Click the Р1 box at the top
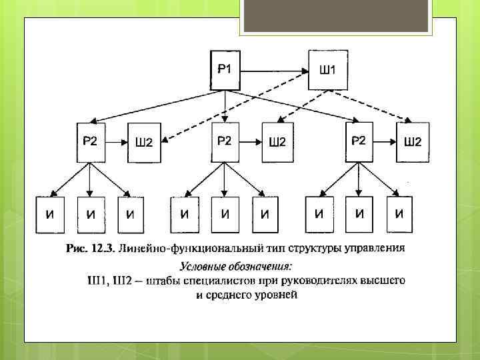pyautogui.click(x=225, y=69)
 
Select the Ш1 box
pyautogui.click(x=328, y=69)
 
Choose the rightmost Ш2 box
pyautogui.click(x=413, y=142)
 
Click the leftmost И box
pyautogui.click(x=50, y=214)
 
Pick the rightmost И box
pyautogui.click(x=399, y=214)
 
